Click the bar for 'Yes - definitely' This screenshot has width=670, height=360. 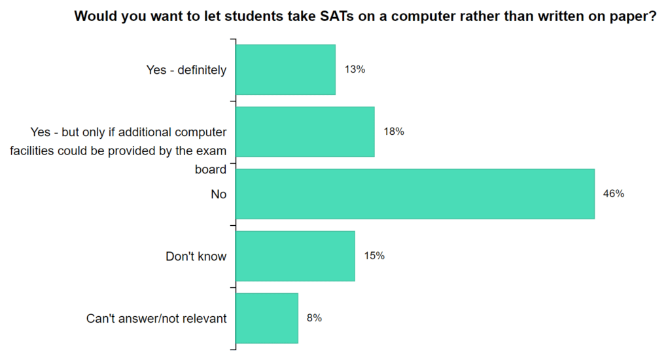tap(285, 70)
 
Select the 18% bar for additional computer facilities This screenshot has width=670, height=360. tap(305, 132)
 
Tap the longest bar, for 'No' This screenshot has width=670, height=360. tap(415, 194)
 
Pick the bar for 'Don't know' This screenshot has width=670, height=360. tap(295, 256)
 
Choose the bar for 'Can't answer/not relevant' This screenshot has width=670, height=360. tap(267, 318)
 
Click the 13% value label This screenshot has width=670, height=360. tap(355, 69)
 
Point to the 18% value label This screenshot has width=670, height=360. tap(394, 132)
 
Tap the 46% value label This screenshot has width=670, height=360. tap(614, 194)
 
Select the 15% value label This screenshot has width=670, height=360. tap(374, 256)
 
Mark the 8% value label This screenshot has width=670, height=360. tap(314, 318)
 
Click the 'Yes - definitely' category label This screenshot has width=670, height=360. tap(186, 70)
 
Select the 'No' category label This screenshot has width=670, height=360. tap(219, 194)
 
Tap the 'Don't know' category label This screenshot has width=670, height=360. tap(196, 256)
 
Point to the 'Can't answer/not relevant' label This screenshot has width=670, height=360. tap(156, 319)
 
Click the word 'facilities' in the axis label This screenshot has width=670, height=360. tap(33, 151)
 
